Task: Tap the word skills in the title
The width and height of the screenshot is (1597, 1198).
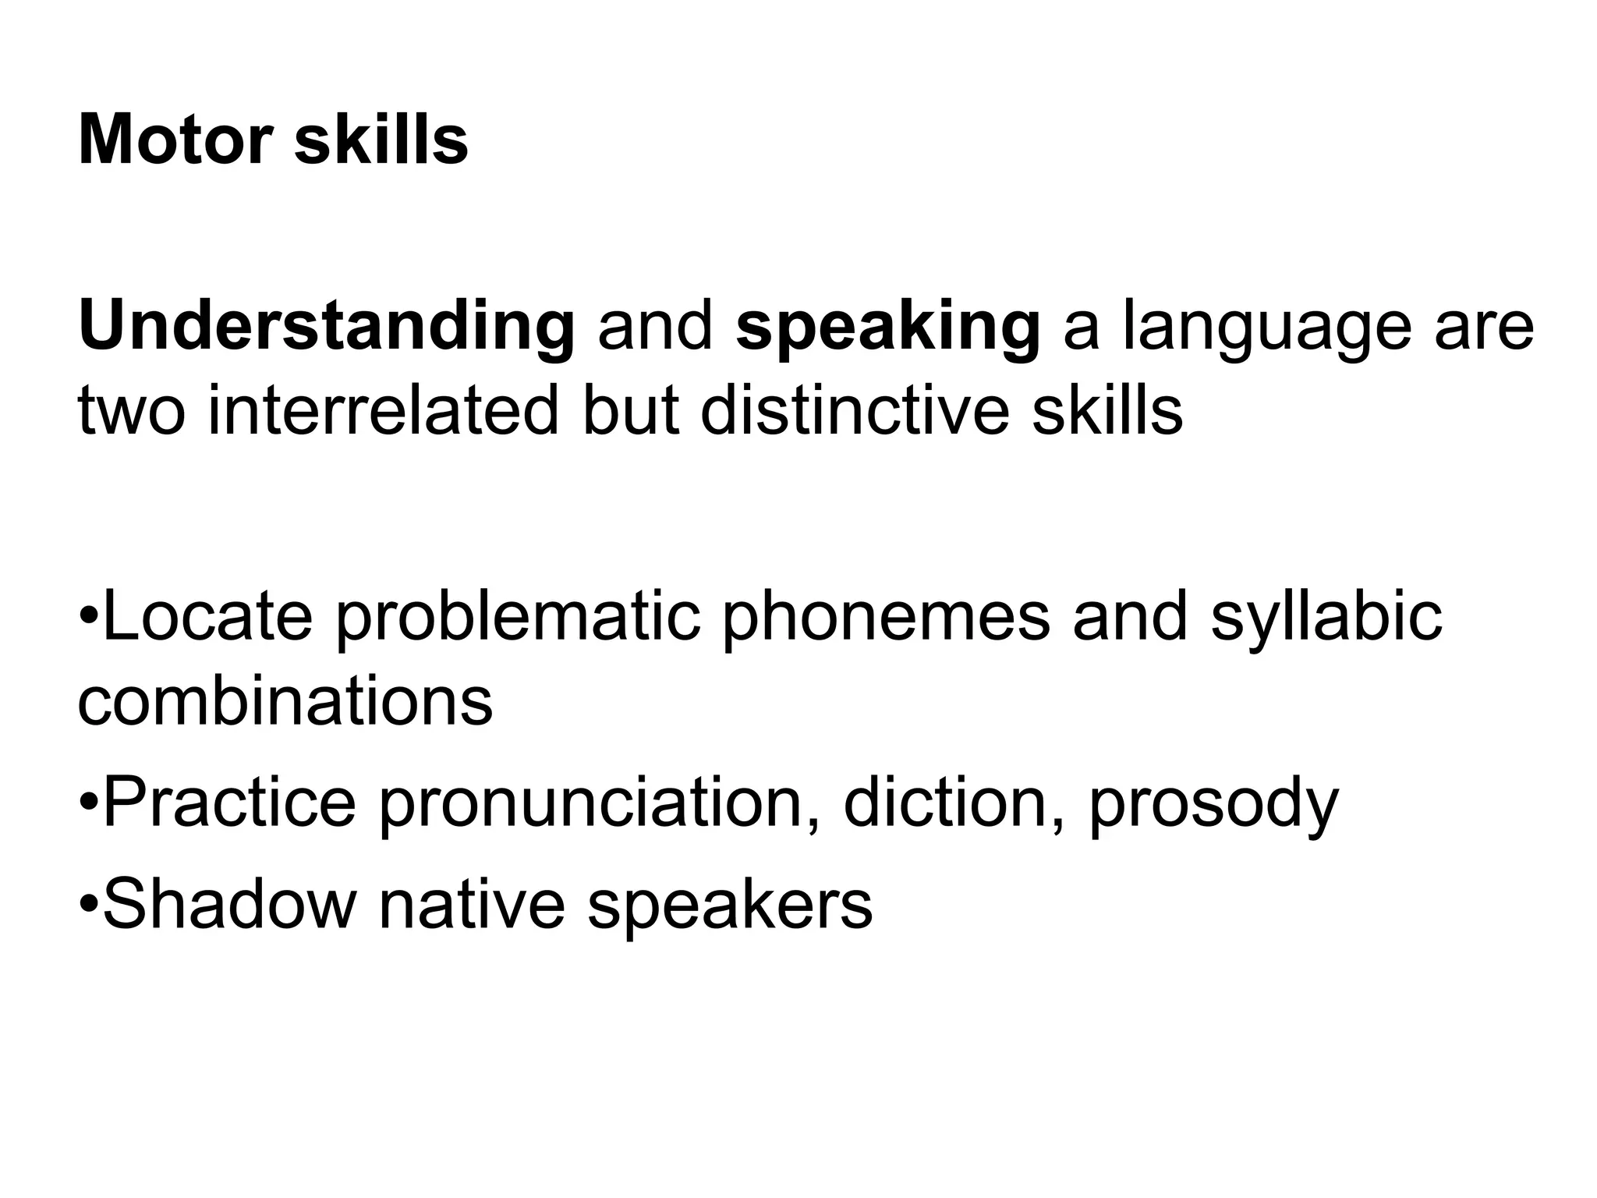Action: (381, 140)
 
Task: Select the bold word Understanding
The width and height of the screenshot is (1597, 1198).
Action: (327, 327)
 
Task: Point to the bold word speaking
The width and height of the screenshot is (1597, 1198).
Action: (887, 327)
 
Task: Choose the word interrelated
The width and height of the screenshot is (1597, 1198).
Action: (383, 411)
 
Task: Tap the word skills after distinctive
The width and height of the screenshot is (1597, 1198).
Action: (1107, 411)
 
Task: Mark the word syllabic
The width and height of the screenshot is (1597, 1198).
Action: (1326, 616)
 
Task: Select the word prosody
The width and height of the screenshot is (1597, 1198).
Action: (1213, 803)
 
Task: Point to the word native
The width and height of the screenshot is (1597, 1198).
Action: (472, 905)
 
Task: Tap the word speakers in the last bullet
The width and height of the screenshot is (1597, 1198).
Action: (729, 905)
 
